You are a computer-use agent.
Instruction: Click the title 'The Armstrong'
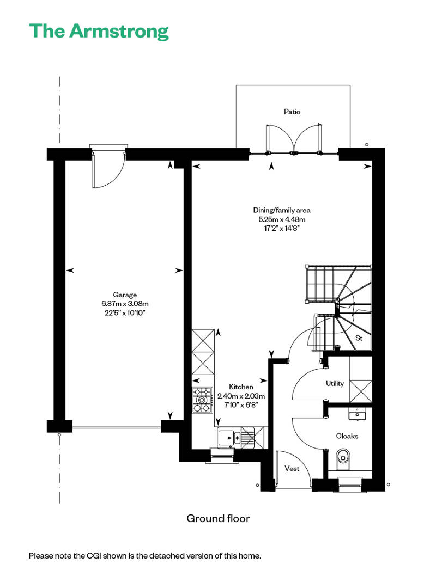99,32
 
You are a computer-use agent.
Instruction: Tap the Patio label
292,112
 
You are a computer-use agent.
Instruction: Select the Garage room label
125,295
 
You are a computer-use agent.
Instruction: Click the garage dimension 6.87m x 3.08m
125,304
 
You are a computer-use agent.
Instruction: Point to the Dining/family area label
282,211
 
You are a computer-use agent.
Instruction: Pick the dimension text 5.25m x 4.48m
282,219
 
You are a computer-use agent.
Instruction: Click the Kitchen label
241,387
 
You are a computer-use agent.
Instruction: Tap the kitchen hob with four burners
202,400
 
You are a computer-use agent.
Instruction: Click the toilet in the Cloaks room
343,459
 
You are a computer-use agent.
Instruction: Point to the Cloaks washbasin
357,414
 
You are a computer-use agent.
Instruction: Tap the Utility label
335,383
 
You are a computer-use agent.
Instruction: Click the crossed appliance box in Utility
361,391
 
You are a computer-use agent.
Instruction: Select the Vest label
292,468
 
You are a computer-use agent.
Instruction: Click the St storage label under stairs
359,338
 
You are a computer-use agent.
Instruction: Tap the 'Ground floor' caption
218,518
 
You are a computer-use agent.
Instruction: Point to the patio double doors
294,139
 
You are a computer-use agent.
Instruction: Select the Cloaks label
347,436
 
